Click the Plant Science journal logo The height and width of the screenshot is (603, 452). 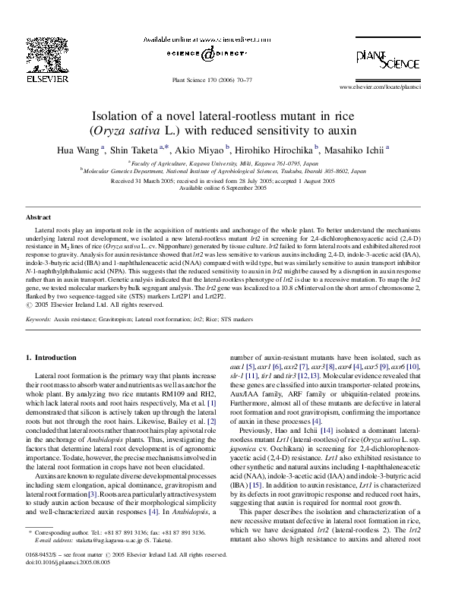(x=388, y=60)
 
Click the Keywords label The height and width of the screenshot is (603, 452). (x=38, y=320)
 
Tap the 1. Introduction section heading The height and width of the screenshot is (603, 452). (x=51, y=357)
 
